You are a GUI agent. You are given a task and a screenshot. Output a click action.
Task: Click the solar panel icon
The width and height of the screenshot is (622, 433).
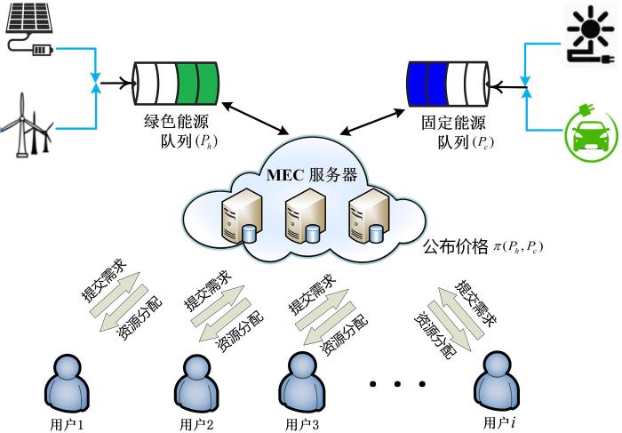(x=30, y=28)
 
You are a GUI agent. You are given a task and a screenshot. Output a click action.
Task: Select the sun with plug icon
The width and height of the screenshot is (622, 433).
(x=591, y=35)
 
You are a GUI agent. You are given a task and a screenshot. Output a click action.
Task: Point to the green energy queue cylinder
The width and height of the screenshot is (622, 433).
(x=176, y=84)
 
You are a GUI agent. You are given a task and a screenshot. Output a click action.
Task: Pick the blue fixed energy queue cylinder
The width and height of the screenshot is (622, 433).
(x=448, y=84)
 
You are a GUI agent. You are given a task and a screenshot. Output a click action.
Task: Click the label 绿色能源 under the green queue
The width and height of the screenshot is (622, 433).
(x=176, y=122)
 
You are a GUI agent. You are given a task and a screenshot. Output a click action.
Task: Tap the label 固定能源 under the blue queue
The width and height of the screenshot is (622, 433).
(x=453, y=123)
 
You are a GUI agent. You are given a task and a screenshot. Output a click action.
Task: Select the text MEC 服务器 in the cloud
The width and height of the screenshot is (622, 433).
(x=312, y=174)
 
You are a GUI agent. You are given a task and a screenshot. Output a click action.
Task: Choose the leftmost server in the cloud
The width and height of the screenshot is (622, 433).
(x=242, y=216)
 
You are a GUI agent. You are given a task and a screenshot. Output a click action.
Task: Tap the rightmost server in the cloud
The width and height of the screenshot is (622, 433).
(x=368, y=216)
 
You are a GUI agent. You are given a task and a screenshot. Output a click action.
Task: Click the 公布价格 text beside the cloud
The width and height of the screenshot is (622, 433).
(x=455, y=247)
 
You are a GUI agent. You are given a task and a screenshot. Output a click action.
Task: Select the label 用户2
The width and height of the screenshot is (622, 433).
(x=196, y=424)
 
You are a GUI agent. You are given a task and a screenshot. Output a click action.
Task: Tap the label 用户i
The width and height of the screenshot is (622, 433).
(x=499, y=422)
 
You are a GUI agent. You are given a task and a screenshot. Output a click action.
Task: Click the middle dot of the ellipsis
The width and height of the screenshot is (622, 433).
(x=397, y=384)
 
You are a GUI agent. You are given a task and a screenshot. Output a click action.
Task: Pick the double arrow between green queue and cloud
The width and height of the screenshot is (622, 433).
(x=255, y=118)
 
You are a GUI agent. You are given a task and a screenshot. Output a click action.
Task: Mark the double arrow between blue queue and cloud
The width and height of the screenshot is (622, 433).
(x=372, y=122)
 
